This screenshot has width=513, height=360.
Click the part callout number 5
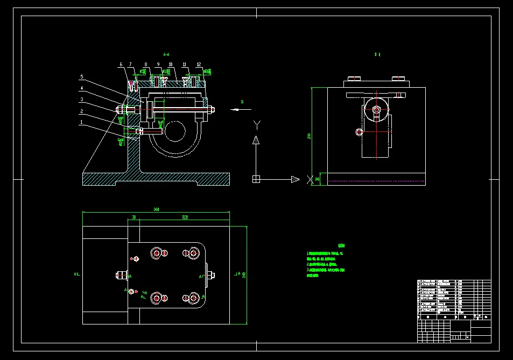(82, 76)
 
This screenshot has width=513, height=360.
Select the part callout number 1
(82, 122)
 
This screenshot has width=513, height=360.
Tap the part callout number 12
(199, 65)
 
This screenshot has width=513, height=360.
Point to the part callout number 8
(145, 65)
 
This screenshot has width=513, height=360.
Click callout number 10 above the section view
(171, 65)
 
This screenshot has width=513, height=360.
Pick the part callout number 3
(82, 100)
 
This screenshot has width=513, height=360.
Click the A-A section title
(166, 54)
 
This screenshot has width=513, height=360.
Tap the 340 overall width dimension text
(156, 209)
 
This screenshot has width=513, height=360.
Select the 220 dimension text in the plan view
(185, 217)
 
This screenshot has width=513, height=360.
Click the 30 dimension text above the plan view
(133, 217)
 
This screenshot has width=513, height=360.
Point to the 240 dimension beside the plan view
(244, 275)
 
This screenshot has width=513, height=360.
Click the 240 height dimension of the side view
(309, 136)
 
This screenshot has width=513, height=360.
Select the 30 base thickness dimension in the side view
(317, 179)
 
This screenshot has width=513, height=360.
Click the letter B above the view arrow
(242, 101)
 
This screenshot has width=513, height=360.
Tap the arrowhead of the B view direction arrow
(232, 109)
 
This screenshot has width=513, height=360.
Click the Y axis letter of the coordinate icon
(257, 125)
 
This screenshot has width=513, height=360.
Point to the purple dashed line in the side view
(376, 181)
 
